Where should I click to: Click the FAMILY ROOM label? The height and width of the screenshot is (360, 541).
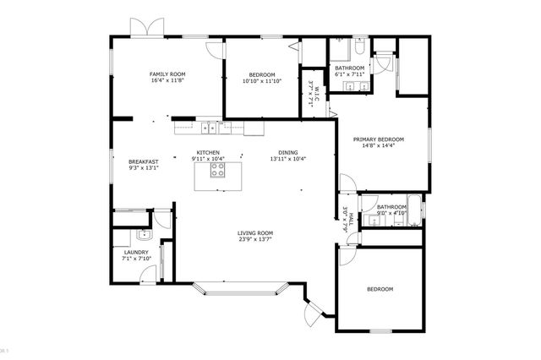[167, 74]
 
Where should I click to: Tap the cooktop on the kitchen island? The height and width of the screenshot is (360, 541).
[216, 168]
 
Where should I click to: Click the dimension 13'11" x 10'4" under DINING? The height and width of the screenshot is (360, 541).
[287, 159]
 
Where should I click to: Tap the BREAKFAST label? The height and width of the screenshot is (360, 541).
[144, 161]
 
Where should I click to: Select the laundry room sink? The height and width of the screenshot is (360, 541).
[143, 236]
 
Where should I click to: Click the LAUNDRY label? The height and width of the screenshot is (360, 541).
[136, 252]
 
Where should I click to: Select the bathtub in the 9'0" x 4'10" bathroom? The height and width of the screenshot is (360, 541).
[414, 205]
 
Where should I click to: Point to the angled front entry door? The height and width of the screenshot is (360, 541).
[313, 317]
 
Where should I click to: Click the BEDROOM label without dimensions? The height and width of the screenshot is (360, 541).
[380, 290]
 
